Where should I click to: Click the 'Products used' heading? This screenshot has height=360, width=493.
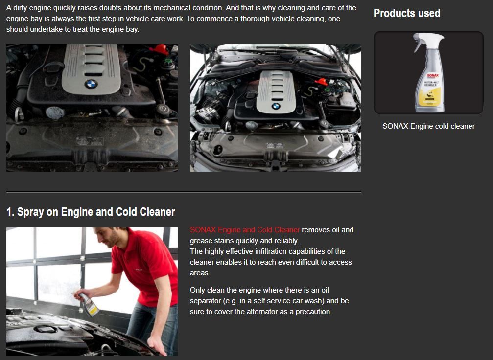(x=407, y=13)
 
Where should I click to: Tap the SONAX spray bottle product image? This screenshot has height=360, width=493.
(x=428, y=72)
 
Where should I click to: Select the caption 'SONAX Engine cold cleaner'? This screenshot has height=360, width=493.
(x=428, y=126)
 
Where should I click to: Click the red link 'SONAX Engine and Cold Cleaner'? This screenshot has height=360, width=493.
(x=245, y=229)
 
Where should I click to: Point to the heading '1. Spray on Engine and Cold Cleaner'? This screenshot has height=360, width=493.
(x=91, y=212)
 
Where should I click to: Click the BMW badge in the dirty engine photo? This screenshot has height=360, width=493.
(x=91, y=84)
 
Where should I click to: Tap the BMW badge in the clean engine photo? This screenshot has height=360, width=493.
(x=276, y=106)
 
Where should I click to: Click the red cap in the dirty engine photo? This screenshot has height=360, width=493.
(x=160, y=49)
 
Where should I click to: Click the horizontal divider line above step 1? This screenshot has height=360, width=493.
(x=184, y=191)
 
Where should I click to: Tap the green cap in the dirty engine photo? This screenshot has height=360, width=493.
(x=169, y=60)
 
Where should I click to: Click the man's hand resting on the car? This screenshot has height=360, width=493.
(x=157, y=345)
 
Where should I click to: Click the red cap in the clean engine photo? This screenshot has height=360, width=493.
(x=321, y=82)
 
